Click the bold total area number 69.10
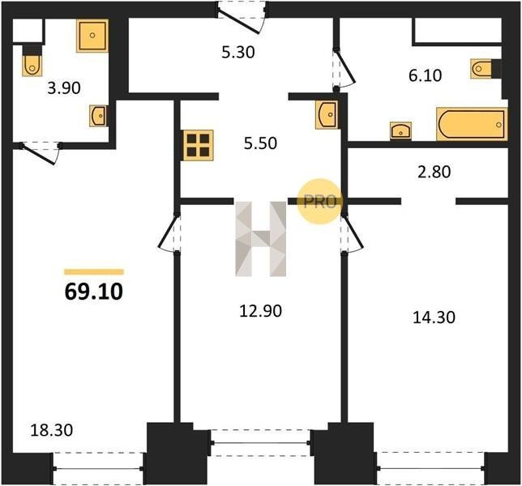[94, 292]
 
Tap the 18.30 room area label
[52, 430]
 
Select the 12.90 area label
[261, 311]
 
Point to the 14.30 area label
[434, 318]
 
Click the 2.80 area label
[434, 172]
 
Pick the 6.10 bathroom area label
[425, 75]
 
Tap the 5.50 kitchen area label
[260, 143]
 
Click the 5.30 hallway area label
[238, 52]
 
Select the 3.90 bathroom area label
[64, 88]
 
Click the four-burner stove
[198, 145]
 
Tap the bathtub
[472, 124]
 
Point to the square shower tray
[92, 36]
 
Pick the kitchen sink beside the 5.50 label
[327, 115]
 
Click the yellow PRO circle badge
[319, 202]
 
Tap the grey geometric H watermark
[261, 239]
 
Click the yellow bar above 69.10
[94, 272]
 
